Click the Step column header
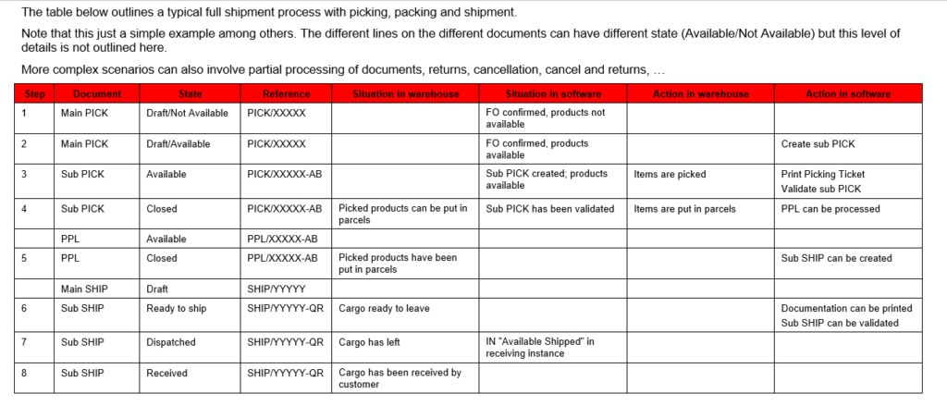point(34,94)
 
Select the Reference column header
point(286,94)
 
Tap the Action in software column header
point(848,94)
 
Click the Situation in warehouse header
point(405,94)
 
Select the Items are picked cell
point(670,174)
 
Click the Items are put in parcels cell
point(684,209)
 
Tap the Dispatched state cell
point(171,342)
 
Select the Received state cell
point(166,374)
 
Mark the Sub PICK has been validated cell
point(549,209)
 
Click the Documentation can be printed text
point(846,309)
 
